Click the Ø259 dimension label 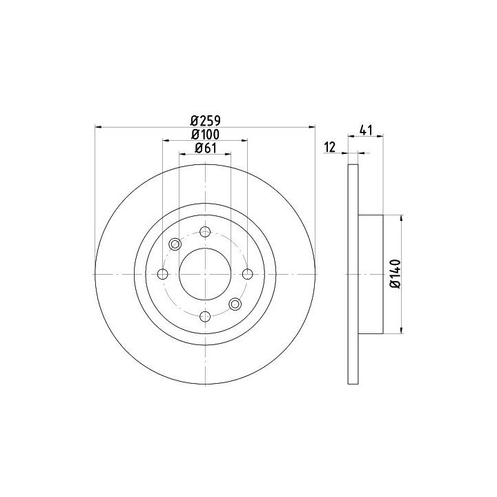coord(206,120)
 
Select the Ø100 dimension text coord(206,135)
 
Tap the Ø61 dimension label coord(206,148)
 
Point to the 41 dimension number coord(366,130)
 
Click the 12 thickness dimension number coord(330,148)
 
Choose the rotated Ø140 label coord(396,274)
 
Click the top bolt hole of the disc coord(206,232)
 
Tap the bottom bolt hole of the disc coord(206,316)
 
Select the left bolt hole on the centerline coord(163,274)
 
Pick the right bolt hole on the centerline coord(248,274)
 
